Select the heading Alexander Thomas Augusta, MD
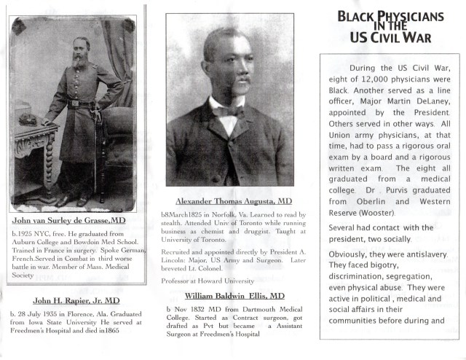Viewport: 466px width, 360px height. point(224,200)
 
